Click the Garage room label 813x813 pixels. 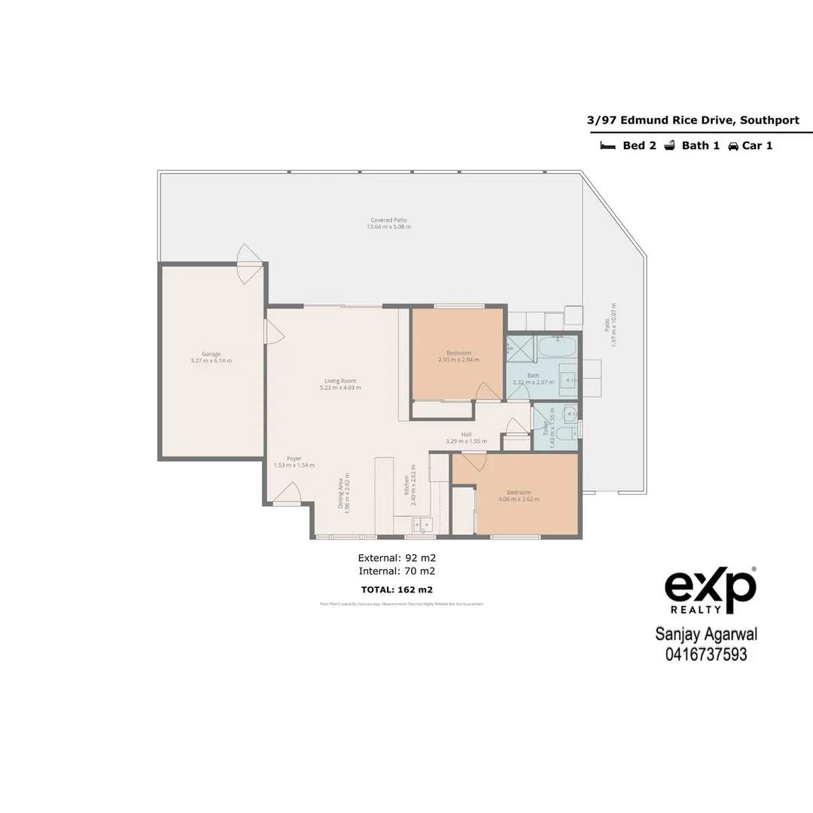211,354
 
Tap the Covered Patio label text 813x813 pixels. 388,220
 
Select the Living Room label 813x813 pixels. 340,381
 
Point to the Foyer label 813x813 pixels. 294,458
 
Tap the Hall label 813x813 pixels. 466,434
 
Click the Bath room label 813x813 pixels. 533,376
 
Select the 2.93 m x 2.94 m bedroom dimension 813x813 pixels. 458,360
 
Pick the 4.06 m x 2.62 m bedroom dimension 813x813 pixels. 519,499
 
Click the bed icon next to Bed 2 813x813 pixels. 607,146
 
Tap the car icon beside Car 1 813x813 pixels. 732,146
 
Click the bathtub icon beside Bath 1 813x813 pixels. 669,146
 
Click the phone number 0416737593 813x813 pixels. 706,655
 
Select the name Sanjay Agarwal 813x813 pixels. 706,636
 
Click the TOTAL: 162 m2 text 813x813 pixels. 397,589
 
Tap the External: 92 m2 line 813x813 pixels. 397,558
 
